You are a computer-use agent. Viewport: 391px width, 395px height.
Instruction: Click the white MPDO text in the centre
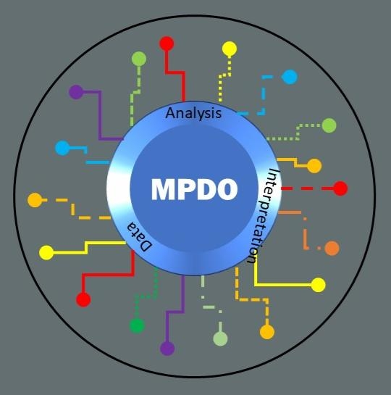[x=194, y=189]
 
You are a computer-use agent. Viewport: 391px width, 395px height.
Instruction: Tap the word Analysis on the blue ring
[x=193, y=113]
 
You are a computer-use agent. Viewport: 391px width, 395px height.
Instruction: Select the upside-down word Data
[x=140, y=237]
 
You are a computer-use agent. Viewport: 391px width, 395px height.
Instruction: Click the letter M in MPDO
[x=162, y=189]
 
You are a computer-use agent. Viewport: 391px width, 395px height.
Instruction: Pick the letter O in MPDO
[x=227, y=189]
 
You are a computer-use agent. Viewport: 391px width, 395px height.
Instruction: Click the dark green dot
[x=137, y=325]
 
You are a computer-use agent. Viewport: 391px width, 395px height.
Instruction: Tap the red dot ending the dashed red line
[x=340, y=188]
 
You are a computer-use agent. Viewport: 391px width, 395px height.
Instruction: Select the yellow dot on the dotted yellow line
[x=230, y=49]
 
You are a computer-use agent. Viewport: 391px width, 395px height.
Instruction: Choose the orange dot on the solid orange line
[x=314, y=166]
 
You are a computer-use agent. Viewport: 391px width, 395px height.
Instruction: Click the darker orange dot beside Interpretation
[x=332, y=248]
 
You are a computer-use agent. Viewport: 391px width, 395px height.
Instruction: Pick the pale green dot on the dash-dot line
[x=220, y=338]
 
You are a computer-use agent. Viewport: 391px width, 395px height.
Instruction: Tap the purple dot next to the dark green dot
[x=167, y=348]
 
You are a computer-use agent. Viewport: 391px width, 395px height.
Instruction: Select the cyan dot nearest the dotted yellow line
[x=290, y=77]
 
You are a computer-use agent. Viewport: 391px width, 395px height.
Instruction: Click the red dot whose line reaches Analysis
[x=167, y=43]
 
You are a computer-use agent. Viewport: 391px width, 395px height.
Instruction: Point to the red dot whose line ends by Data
[x=83, y=299]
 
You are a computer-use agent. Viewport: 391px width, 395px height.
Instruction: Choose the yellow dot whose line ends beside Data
[x=46, y=252]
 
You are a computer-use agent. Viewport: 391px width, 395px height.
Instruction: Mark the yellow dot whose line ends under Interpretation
[x=319, y=285]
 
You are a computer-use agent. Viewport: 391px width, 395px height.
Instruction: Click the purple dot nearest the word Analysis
[x=76, y=92]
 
